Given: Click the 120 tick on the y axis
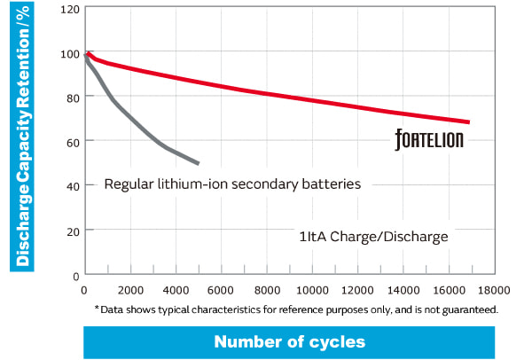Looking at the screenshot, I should pos(69,10).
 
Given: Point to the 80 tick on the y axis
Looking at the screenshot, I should pos(72,98).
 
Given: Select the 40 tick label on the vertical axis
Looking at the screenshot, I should pos(72,186).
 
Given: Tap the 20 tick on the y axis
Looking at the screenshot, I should pos(72,231).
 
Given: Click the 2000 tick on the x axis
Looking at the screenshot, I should pos(130,291).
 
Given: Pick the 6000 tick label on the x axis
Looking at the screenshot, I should pos(221,291).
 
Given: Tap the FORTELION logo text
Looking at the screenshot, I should pos(429,140).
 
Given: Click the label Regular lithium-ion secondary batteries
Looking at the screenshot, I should pos(232,185).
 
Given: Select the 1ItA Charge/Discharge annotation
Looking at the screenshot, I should pos(373,238).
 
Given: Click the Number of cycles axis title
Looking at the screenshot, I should pos(289,341).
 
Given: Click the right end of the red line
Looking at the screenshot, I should pos(468,122).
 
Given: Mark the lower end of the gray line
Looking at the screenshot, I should pos(198,163).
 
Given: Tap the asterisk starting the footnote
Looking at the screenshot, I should pos(97,309).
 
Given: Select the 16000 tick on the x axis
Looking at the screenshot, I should pos(449,291).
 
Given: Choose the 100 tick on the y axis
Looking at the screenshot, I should pos(69,53).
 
